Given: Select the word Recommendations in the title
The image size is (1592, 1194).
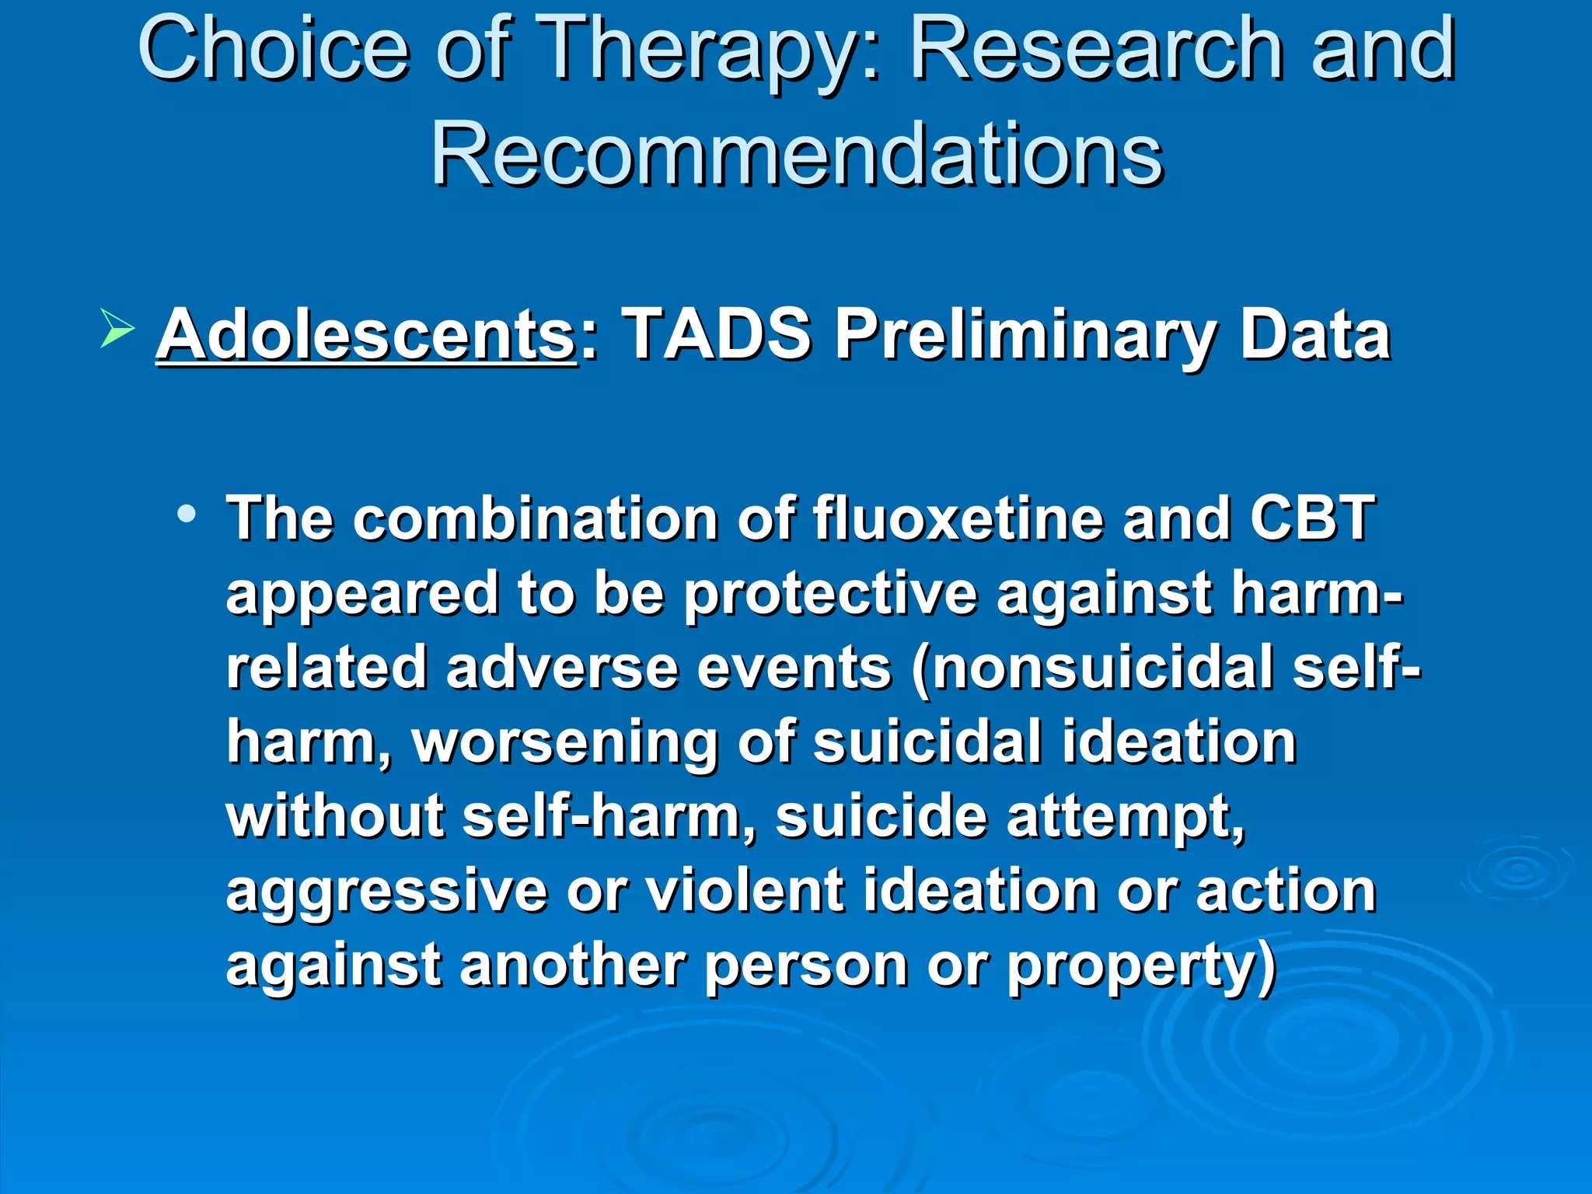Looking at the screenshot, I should (797, 155).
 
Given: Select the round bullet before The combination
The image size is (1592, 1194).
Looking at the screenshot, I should (186, 514).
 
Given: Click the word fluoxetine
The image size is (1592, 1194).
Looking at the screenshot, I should (958, 519).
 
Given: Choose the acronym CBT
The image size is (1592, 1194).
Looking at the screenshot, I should (1312, 519).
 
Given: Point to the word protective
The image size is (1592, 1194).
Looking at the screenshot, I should (830, 595).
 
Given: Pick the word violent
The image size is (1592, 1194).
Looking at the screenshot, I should (745, 892).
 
